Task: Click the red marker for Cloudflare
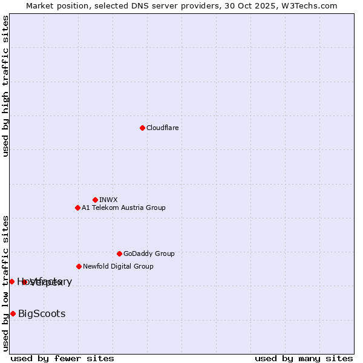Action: tap(142, 128)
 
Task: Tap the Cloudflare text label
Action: tap(163, 128)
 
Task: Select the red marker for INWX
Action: tap(95, 200)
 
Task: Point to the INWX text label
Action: tap(108, 200)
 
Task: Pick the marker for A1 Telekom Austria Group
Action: tap(77, 208)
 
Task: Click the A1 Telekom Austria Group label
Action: tap(123, 208)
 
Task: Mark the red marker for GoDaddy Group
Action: tap(119, 253)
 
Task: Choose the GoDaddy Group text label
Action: tap(149, 253)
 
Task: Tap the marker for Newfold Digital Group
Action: tap(79, 266)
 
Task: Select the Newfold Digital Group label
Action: tap(118, 266)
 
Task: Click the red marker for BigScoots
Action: tap(13, 313)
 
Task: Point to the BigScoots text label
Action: tap(42, 313)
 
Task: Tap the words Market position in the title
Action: tap(53, 5)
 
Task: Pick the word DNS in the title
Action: tap(131, 5)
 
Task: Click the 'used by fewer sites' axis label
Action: tap(62, 358)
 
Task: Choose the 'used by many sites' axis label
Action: tap(304, 358)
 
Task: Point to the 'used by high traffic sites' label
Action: tap(6, 86)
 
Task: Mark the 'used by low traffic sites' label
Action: tap(6, 283)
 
